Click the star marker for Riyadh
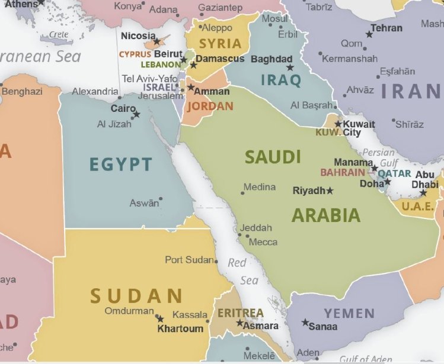(x=330, y=191)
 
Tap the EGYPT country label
(x=121, y=164)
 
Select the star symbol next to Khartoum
(x=159, y=318)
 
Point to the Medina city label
(x=260, y=187)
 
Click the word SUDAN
(x=136, y=295)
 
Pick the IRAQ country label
(x=281, y=80)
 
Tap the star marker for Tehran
(x=369, y=34)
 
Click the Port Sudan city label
(x=189, y=260)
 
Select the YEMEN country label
(x=349, y=313)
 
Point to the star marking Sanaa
(x=305, y=323)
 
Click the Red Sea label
(x=243, y=271)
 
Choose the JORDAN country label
(x=210, y=107)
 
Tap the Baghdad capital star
(x=290, y=68)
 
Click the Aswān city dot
(x=161, y=199)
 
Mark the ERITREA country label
(x=240, y=313)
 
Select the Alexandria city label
(x=95, y=91)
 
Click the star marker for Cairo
(x=136, y=114)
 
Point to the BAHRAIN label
(x=343, y=173)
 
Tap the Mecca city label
(x=263, y=241)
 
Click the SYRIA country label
(x=220, y=44)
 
